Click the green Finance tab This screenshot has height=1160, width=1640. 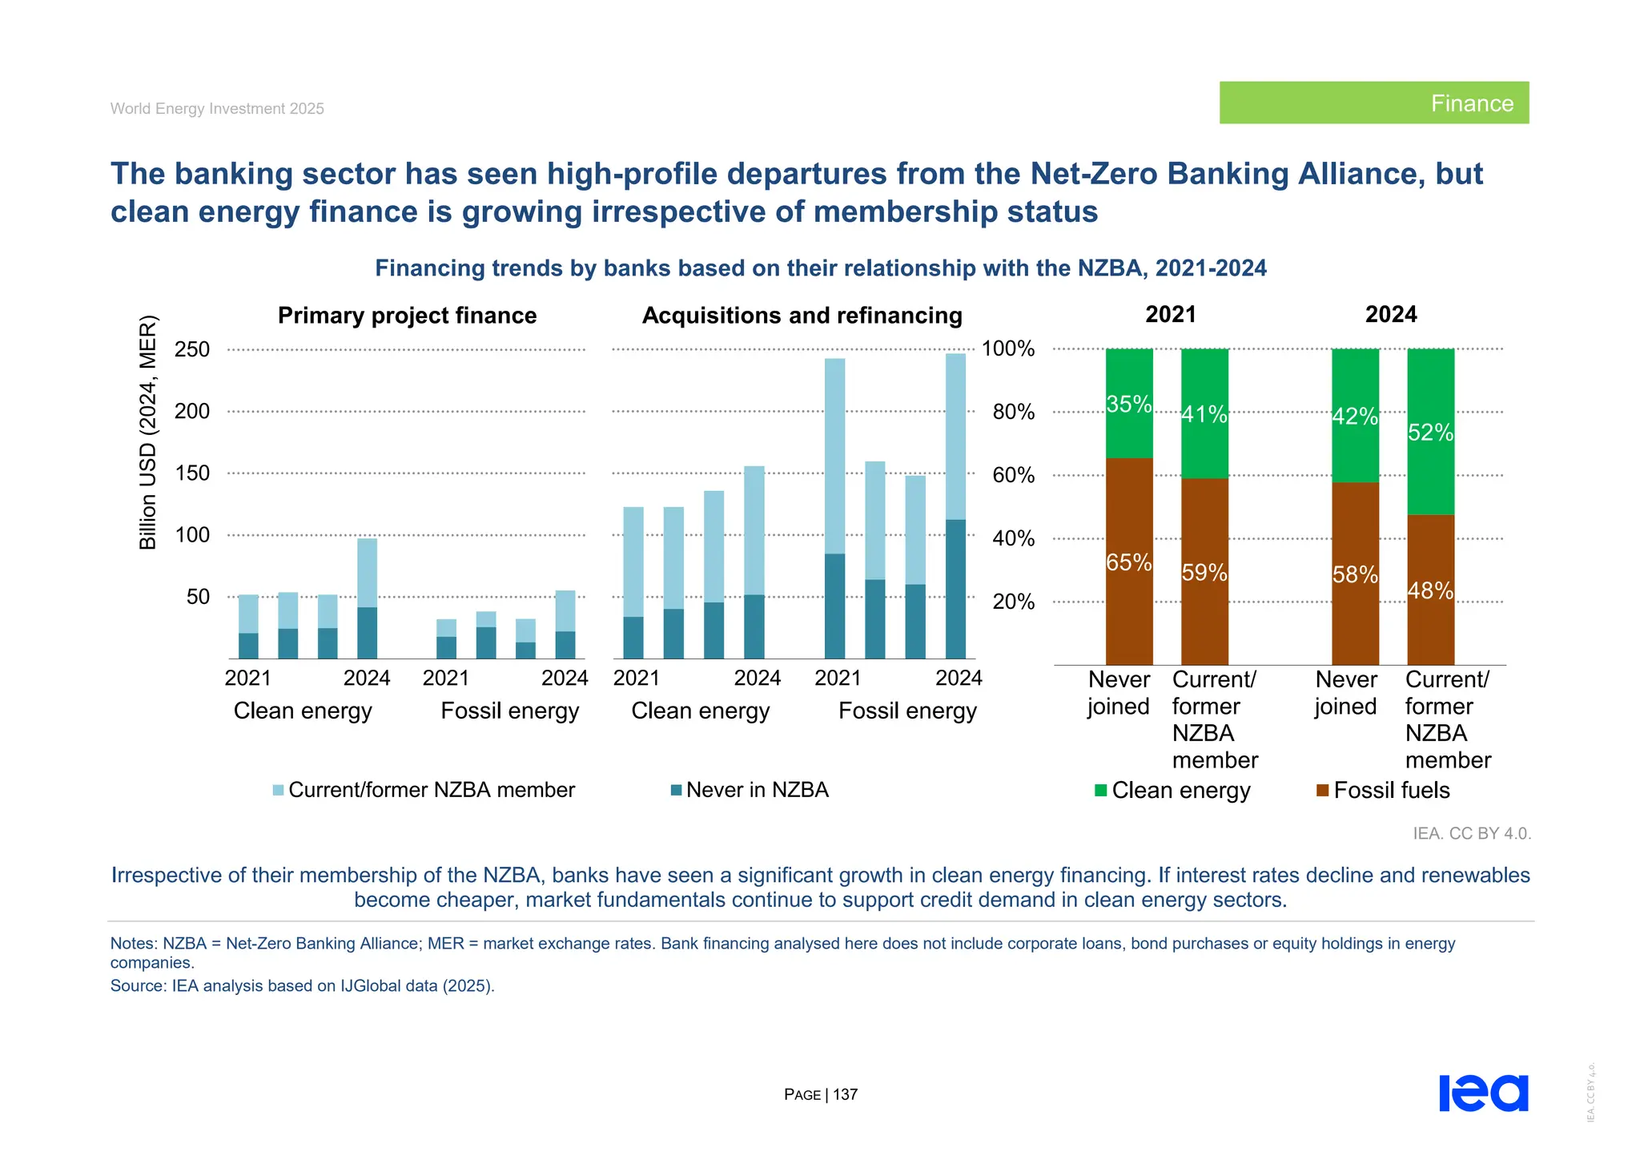[1373, 103]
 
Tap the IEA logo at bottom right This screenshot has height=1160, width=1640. [1483, 1093]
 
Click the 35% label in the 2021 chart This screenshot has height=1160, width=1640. [1128, 405]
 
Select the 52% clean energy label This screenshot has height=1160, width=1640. [1430, 433]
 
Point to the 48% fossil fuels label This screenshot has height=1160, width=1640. [1430, 590]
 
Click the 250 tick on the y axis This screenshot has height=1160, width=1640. [192, 349]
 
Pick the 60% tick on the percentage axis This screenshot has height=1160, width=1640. [1013, 475]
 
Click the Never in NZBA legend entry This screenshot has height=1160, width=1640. [756, 790]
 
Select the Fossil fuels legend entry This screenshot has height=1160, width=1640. [1390, 791]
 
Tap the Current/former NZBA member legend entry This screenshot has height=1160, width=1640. [431, 790]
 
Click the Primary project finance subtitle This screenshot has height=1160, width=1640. [407, 316]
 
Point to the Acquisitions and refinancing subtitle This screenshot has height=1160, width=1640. [802, 316]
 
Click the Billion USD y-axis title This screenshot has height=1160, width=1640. [149, 433]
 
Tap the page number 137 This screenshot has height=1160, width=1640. [844, 1094]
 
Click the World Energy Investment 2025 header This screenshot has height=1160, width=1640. [217, 109]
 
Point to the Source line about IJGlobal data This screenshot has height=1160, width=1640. [302, 986]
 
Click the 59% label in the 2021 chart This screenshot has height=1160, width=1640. [1204, 573]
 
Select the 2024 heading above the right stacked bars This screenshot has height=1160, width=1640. [1390, 314]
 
